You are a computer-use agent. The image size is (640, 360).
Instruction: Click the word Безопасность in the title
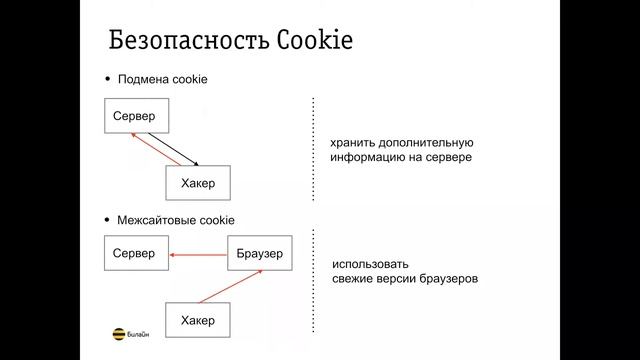coord(180,42)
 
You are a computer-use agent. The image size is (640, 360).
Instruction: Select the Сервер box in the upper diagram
coord(135,117)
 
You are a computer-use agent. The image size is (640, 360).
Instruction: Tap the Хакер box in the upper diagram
coord(198,183)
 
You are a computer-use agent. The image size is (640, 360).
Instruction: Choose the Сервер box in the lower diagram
coord(135,254)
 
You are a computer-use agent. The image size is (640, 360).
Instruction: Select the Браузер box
coord(260,254)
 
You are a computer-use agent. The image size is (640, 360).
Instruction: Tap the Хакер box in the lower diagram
coord(198,320)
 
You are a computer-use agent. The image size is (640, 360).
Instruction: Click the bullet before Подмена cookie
coord(109,80)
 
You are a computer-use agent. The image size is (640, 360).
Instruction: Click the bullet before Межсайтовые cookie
coord(109,219)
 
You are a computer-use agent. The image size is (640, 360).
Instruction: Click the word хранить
coord(355,143)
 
